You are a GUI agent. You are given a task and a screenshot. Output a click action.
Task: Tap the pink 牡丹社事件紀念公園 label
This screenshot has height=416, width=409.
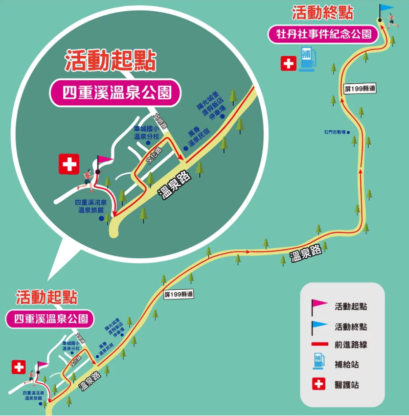pos(323,35)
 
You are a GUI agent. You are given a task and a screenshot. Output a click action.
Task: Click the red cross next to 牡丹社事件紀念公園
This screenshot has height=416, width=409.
pos(288,63)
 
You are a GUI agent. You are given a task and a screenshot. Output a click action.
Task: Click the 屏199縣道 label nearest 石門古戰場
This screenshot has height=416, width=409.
pos(360,89)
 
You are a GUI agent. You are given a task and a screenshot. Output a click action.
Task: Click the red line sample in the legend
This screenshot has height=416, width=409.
pos(319,344)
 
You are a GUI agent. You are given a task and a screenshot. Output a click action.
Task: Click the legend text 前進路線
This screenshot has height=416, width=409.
pos(351,344)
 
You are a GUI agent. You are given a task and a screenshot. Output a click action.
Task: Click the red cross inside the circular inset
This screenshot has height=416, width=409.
pos(69,164)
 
